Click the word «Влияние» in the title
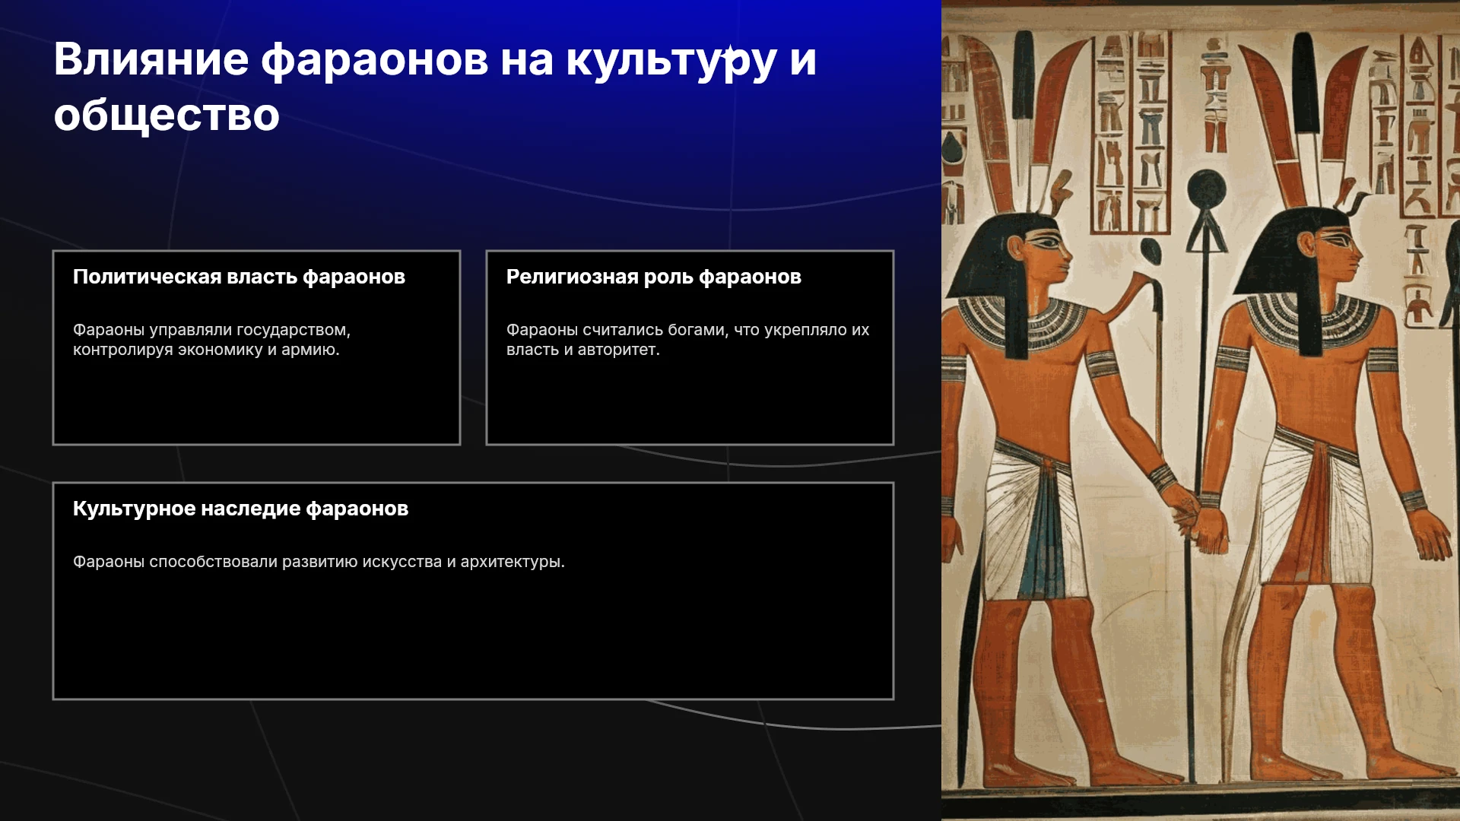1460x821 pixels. click(151, 59)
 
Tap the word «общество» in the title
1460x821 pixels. click(167, 116)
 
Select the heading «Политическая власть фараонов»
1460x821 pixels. click(239, 277)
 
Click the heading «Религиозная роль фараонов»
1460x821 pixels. click(654, 277)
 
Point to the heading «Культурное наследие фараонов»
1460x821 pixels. click(240, 509)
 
